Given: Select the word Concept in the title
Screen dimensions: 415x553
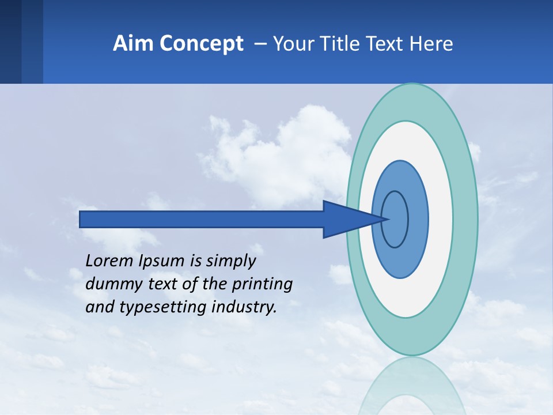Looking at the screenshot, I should click(x=202, y=44).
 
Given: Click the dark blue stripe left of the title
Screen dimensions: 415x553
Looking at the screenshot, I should click(x=10, y=41).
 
